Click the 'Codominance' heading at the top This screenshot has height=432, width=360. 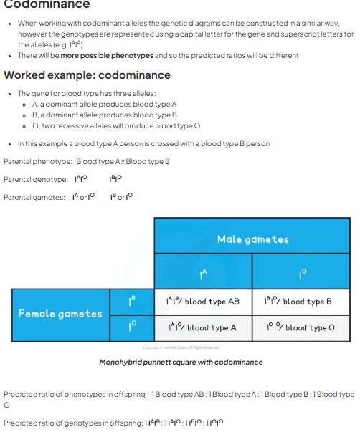[47, 5]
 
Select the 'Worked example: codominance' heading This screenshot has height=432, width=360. [87, 75]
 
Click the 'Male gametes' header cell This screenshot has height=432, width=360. [252, 239]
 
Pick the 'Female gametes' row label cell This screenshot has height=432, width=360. [60, 313]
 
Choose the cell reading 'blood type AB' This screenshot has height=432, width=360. [203, 302]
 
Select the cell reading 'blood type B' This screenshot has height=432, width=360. [300, 302]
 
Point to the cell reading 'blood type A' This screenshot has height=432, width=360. [203, 327]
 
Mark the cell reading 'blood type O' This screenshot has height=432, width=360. [300, 327]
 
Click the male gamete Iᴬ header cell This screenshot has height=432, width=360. [203, 273]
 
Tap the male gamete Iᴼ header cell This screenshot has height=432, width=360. [300, 273]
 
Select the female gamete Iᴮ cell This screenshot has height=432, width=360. [131, 302]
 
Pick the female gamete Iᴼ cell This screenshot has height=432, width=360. [131, 327]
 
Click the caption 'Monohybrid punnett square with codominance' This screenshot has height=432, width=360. [181, 363]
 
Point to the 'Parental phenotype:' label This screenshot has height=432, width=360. [37, 161]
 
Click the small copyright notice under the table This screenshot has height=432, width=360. [180, 348]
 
